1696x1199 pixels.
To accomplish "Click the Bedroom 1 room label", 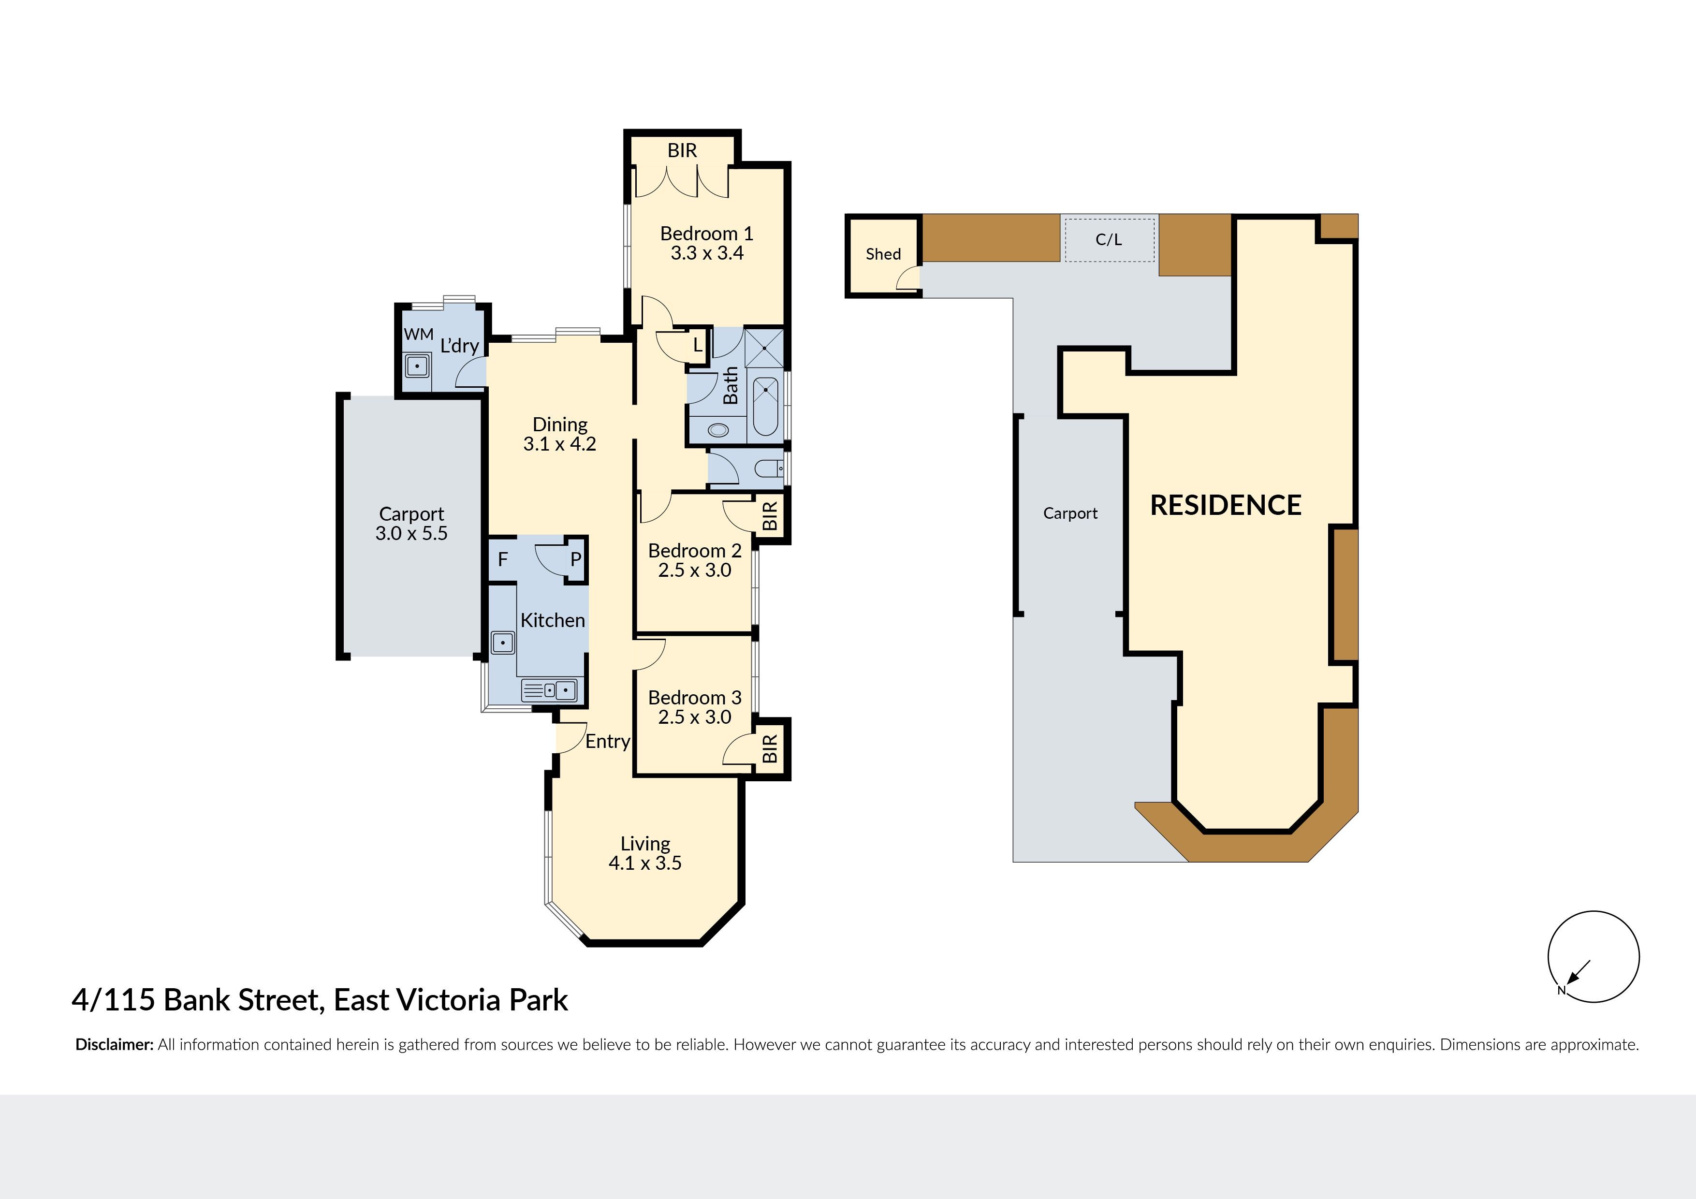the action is coord(706,234).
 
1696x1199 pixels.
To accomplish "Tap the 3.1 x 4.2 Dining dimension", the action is coord(559,444).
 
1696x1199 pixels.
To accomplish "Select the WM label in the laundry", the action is coord(418,334).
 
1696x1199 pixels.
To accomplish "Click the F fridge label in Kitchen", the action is coord(502,559).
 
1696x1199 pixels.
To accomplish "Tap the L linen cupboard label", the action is coord(697,345).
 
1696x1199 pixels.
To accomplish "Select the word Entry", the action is coord(607,742).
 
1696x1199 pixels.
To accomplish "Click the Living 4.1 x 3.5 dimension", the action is coord(645,863).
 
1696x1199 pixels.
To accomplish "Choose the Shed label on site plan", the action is coord(883,254).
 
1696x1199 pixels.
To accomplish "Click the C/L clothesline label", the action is coord(1108,239).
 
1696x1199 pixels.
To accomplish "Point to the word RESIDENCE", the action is coord(1226,505).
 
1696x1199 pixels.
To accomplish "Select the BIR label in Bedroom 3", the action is coord(770,748).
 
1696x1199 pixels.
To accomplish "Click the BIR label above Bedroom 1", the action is coord(682,151).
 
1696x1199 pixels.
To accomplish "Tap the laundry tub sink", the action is coord(417,366).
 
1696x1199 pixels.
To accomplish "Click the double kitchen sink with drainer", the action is coord(550,690).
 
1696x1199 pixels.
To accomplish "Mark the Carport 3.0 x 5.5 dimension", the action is coord(411,533).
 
